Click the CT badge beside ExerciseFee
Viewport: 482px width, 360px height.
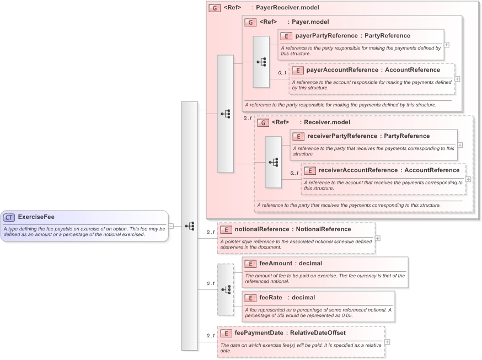pyautogui.click(x=9, y=217)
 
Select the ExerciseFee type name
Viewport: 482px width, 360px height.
pyautogui.click(x=36, y=217)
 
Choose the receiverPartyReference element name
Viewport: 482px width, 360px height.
pyautogui.click(x=341, y=136)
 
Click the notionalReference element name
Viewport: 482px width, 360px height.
pyautogui.click(x=261, y=229)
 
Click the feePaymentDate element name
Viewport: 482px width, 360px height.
pyautogui.click(x=259, y=333)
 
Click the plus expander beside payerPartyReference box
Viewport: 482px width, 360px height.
pyautogui.click(x=446, y=45)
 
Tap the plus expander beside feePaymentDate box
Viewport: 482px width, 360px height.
pyautogui.click(x=387, y=342)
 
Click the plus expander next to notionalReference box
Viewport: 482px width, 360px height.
pyautogui.click(x=377, y=238)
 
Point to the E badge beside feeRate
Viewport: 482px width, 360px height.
pyautogui.click(x=250, y=298)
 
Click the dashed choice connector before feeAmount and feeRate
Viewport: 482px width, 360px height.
pyautogui.click(x=226, y=289)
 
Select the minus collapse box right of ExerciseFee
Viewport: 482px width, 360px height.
pyautogui.click(x=171, y=225)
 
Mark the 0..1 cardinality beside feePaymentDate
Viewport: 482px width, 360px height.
pyautogui.click(x=210, y=336)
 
